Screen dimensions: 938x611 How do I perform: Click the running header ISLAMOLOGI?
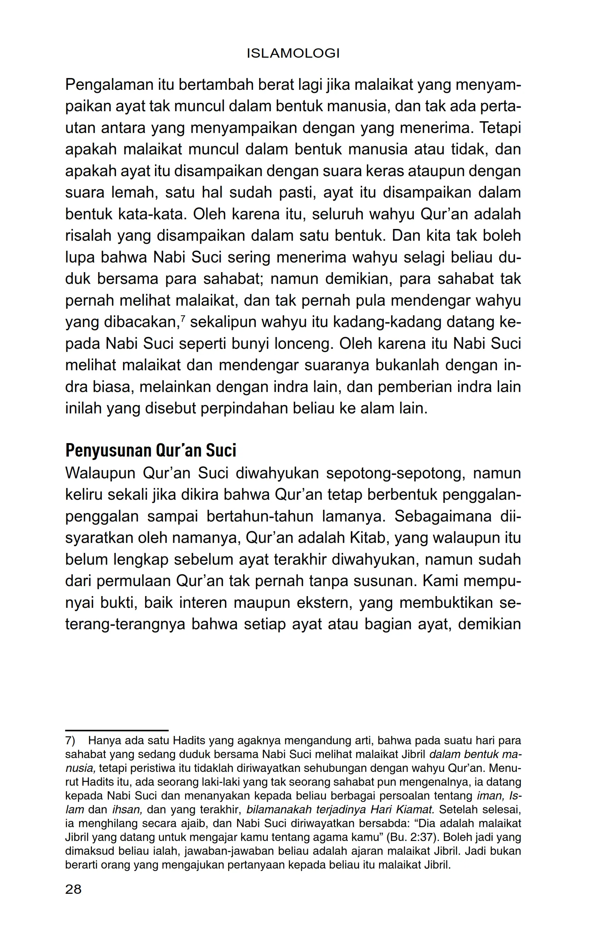click(293, 54)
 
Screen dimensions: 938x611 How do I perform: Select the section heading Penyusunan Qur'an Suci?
click(151, 450)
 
